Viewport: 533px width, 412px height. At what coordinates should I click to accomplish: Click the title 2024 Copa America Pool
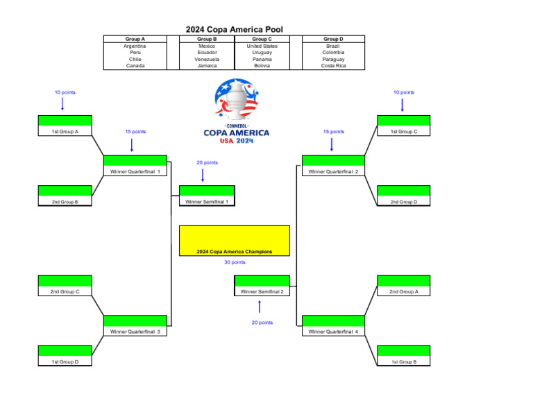point(234,29)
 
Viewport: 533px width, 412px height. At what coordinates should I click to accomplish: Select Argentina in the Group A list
point(135,46)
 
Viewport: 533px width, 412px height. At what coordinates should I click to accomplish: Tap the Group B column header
point(206,39)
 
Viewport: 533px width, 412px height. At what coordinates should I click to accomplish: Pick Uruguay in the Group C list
point(262,53)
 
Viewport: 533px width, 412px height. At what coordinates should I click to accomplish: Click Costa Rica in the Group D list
point(333,66)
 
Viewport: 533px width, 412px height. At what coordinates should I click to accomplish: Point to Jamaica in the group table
point(206,66)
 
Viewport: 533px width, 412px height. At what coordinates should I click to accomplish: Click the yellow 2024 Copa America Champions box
point(234,241)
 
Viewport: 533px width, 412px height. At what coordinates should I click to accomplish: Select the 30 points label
point(235,262)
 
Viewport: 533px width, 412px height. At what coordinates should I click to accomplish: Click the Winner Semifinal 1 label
point(207,201)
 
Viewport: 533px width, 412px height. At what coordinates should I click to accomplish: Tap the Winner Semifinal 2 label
point(262,291)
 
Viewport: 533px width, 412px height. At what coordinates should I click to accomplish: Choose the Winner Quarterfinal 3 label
point(135,332)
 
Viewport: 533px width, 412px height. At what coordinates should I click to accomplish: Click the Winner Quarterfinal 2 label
point(333,171)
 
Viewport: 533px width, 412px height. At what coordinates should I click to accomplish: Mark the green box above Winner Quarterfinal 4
point(333,320)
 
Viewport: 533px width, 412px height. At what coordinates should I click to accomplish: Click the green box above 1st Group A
point(65,121)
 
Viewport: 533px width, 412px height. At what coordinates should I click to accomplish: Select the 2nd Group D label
point(403,201)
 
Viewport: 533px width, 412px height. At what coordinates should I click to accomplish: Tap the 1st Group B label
point(403,361)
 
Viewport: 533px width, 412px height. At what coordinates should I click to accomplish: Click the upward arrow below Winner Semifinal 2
point(259,306)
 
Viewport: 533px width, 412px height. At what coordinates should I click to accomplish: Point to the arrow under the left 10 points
point(62,103)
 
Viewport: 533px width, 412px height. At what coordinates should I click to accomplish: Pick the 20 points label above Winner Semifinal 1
point(207,162)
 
